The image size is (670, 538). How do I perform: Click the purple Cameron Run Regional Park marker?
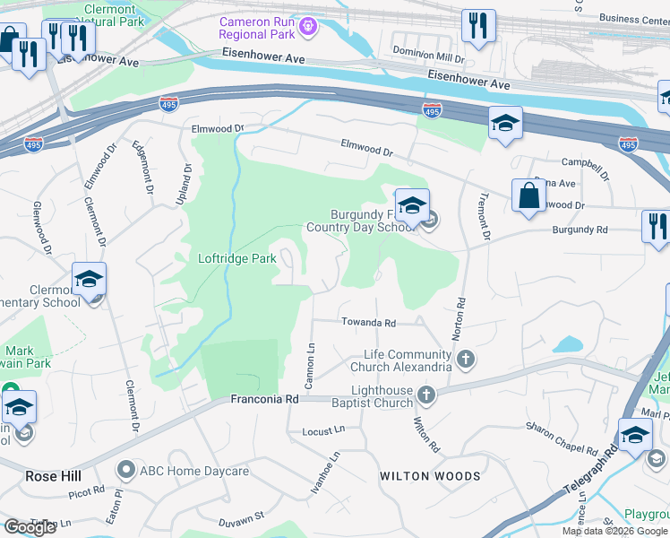click(309, 27)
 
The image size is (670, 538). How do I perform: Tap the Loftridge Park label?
click(237, 258)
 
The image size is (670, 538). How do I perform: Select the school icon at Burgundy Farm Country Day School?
click(411, 207)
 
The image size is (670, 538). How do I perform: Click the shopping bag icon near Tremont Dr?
click(528, 196)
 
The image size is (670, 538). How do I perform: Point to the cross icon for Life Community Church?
click(465, 360)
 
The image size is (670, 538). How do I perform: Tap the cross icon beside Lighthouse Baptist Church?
click(426, 395)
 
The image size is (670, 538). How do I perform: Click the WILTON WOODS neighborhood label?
click(430, 475)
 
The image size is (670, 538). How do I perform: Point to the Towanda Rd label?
click(367, 323)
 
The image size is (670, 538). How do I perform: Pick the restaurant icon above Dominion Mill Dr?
click(478, 27)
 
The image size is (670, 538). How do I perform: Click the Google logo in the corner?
click(30, 527)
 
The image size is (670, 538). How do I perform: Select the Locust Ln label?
click(324, 430)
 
